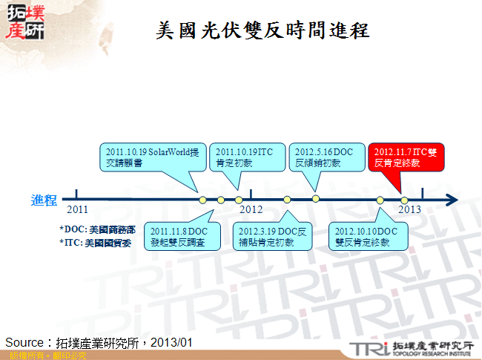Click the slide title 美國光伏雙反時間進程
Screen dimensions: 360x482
pos(263,30)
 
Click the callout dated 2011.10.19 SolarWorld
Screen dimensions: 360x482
pos(151,157)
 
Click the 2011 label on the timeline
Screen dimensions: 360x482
pos(77,210)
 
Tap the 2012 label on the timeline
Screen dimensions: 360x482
pos(251,210)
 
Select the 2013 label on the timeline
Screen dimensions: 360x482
pos(410,210)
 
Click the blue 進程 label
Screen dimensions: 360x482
pos(44,200)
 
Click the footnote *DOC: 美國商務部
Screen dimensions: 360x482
pos(96,229)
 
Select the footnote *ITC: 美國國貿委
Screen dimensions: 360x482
pos(95,242)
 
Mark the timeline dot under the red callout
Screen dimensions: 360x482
pos(404,199)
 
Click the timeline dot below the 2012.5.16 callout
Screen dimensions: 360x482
pos(316,198)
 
